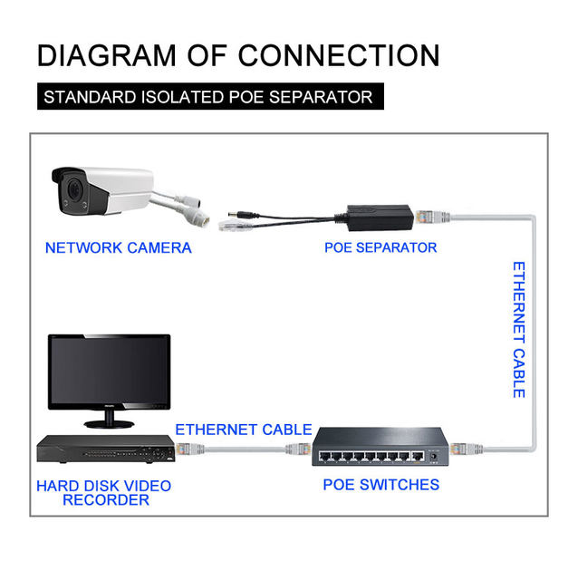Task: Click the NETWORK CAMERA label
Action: point(118,247)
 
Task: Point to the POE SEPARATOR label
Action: point(381,247)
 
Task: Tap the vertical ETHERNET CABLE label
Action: point(518,330)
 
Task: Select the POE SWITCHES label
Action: point(381,485)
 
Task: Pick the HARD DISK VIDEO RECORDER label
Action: point(104,492)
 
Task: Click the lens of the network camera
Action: point(72,192)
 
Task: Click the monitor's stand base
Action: point(109,423)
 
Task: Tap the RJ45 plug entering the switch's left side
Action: point(303,449)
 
